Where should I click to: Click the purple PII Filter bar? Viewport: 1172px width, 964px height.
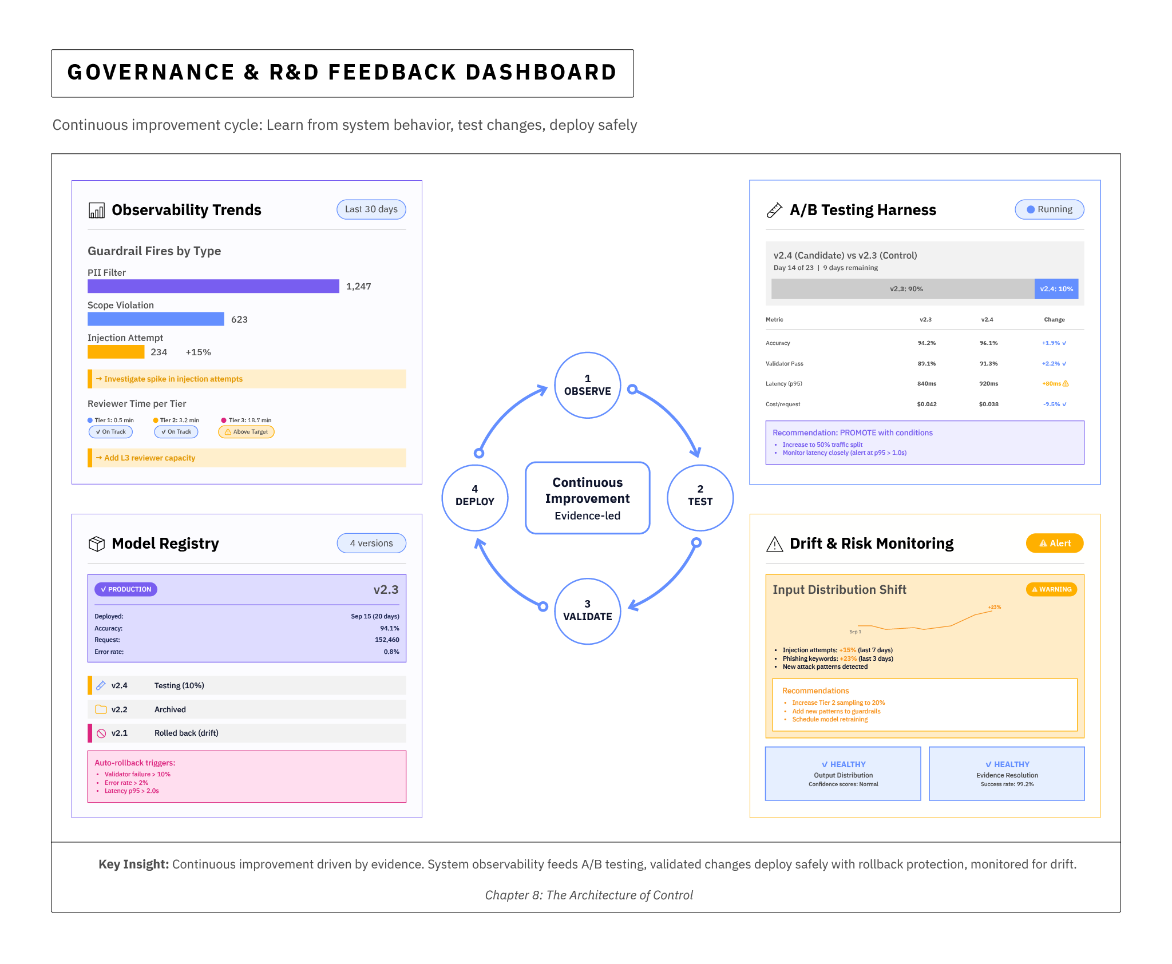point(213,286)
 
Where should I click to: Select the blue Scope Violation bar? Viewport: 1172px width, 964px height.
point(156,319)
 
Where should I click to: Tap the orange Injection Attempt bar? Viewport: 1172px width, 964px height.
point(116,352)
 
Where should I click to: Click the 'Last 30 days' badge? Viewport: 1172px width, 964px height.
point(371,209)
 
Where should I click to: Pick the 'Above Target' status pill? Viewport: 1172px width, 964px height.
point(246,432)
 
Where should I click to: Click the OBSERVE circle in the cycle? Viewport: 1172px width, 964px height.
point(587,385)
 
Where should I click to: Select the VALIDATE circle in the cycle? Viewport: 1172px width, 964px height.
point(587,610)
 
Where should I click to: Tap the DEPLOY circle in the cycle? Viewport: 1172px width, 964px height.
point(474,496)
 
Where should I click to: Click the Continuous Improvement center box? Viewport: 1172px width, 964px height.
point(587,498)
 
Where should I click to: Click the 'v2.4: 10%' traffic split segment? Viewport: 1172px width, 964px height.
point(1056,289)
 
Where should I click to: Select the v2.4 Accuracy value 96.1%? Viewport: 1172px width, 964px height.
point(988,343)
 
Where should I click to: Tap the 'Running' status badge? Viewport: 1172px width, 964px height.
point(1049,209)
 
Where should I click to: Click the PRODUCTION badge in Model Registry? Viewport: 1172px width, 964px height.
point(126,589)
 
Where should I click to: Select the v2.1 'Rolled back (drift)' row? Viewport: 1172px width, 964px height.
point(247,733)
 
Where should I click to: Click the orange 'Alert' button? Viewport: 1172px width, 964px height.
point(1054,544)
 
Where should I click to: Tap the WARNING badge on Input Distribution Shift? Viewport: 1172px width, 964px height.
point(1051,589)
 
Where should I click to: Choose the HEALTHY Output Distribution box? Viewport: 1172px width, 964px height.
point(843,773)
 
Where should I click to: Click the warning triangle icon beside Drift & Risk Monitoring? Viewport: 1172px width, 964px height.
point(774,544)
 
